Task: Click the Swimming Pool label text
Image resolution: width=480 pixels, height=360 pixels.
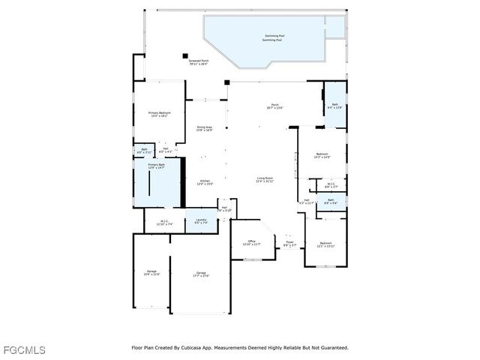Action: click(274, 37)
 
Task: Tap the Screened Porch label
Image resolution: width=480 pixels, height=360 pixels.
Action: click(199, 62)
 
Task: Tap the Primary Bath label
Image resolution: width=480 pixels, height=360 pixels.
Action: click(156, 166)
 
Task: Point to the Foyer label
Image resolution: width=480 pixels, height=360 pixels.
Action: click(289, 243)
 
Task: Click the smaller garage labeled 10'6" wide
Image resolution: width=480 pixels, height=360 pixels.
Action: click(151, 273)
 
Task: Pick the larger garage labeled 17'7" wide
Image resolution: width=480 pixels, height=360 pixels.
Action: click(200, 274)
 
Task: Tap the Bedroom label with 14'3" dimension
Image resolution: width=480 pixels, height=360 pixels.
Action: click(322, 155)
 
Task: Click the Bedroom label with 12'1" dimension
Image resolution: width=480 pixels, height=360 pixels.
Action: click(325, 244)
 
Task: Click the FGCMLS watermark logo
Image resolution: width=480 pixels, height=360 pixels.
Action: click(23, 350)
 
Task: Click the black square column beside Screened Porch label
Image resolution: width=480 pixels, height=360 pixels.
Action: click(184, 54)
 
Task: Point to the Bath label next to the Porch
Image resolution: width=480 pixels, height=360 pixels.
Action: click(334, 106)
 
